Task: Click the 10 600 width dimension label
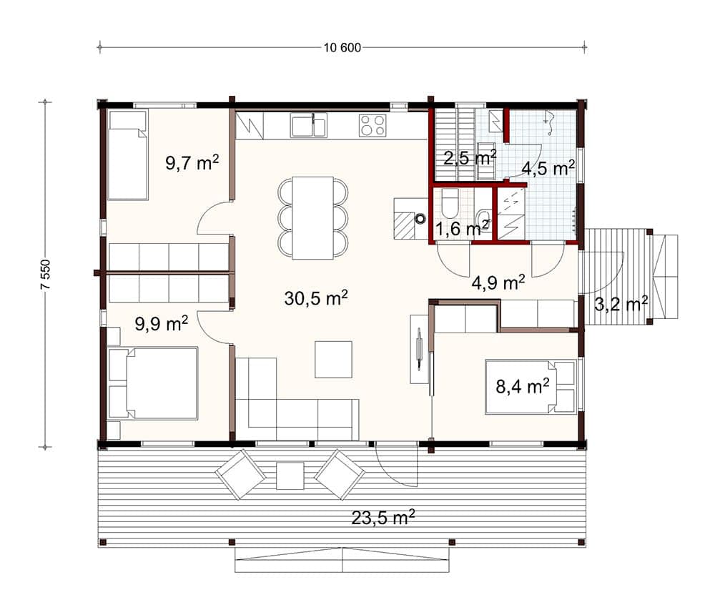342,47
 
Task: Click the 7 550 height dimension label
46,275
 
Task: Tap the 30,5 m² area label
316,297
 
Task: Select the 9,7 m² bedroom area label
192,162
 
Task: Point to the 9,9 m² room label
162,323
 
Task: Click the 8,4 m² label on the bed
523,386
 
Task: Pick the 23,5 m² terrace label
383,518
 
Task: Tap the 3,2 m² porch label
621,303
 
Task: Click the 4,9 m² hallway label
498,282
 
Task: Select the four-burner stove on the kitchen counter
373,125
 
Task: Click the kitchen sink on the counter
309,125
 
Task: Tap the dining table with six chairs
313,218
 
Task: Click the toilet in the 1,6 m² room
449,204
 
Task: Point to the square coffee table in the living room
333,359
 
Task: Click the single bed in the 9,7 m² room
128,155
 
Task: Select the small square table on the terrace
290,476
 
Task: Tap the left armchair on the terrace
240,474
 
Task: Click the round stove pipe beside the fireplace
420,219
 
